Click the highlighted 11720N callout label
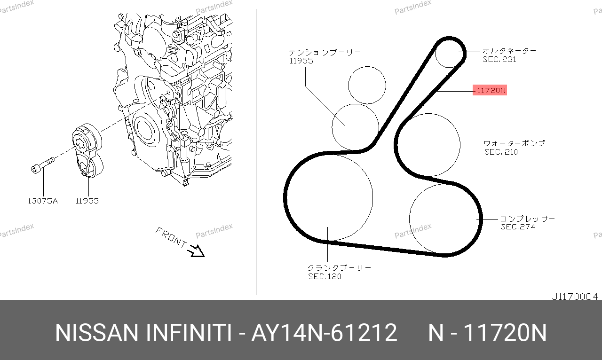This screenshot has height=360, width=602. click(x=490, y=90)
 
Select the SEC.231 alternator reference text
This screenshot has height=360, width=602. click(x=499, y=59)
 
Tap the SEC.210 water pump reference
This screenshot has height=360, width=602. click(x=501, y=152)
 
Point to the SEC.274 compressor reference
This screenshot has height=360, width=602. click(x=518, y=227)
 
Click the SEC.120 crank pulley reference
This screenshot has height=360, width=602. click(x=325, y=276)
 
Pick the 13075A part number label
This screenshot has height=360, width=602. click(x=43, y=201)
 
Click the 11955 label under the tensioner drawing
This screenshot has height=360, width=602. click(x=87, y=201)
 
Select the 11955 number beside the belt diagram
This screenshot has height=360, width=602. click(x=301, y=61)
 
